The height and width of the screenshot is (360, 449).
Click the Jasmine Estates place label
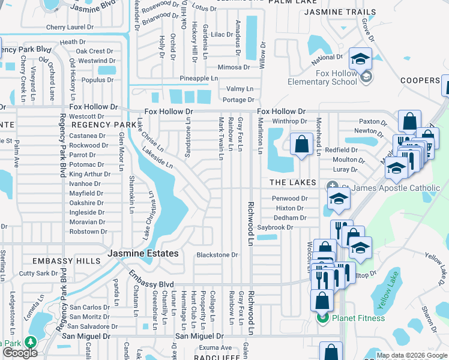[143, 254]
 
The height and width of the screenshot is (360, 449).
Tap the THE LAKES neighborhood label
[292, 182]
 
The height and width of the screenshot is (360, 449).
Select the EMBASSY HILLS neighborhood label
[66, 261]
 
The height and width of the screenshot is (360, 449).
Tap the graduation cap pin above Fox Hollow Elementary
[360, 59]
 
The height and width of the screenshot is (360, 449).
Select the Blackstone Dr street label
[217, 255]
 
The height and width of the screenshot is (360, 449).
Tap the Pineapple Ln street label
[199, 79]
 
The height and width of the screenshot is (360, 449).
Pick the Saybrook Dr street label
[275, 227]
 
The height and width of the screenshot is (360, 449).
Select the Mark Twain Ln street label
[221, 139]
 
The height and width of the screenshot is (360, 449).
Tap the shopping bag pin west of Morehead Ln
[301, 144]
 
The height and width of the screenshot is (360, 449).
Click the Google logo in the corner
[20, 353]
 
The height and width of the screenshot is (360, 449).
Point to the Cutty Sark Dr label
[38, 274]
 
